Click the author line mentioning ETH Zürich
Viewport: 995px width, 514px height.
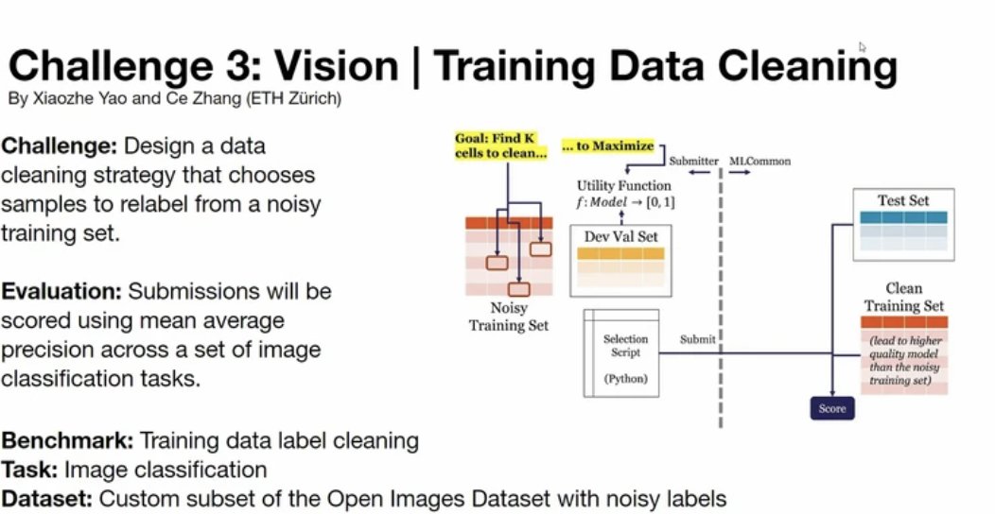pyautogui.click(x=174, y=98)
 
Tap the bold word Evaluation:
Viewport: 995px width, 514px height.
pyautogui.click(x=61, y=291)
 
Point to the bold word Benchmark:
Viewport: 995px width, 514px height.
pyautogui.click(x=68, y=440)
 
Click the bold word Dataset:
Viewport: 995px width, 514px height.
pyautogui.click(x=47, y=497)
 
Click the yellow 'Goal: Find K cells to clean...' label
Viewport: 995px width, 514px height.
pyautogui.click(x=500, y=146)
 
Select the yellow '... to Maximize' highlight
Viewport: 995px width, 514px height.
pyautogui.click(x=607, y=146)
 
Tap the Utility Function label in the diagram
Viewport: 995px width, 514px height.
pyautogui.click(x=623, y=186)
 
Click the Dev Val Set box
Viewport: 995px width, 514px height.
pyautogui.click(x=621, y=259)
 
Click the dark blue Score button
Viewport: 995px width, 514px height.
pyautogui.click(x=831, y=408)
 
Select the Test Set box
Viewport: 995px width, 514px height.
pyautogui.click(x=903, y=224)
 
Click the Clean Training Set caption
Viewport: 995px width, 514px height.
pyautogui.click(x=902, y=298)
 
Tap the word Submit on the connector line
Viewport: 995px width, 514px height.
pyautogui.click(x=698, y=340)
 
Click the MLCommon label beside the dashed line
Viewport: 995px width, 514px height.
pyautogui.click(x=759, y=162)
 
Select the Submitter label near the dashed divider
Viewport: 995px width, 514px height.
pyautogui.click(x=694, y=162)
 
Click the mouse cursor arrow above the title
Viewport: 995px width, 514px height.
pyautogui.click(x=863, y=46)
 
